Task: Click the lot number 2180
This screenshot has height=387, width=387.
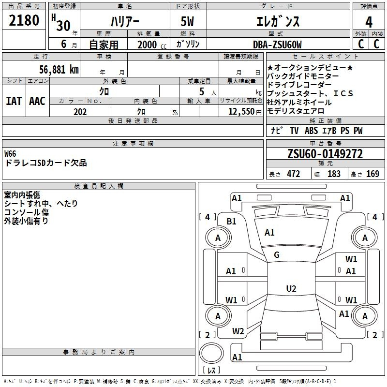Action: tap(24, 20)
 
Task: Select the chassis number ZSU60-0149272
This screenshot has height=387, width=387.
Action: tap(325, 154)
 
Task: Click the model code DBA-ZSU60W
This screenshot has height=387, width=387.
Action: tap(277, 45)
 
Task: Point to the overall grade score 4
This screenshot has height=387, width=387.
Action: tap(369, 22)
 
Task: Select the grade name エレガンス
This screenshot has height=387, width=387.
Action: tap(278, 22)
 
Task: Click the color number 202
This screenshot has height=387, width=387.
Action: tap(80, 112)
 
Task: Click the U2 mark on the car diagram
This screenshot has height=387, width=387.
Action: tap(291, 289)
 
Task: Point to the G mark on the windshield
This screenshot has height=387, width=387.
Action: tap(277, 255)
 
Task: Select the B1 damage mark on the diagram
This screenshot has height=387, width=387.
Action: tap(232, 221)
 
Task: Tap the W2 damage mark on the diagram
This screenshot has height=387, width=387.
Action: tap(238, 331)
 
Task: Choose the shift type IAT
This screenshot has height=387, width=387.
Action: tap(14, 101)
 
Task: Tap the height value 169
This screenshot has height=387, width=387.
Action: tap(372, 174)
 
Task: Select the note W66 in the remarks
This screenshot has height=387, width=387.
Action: tap(10, 154)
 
